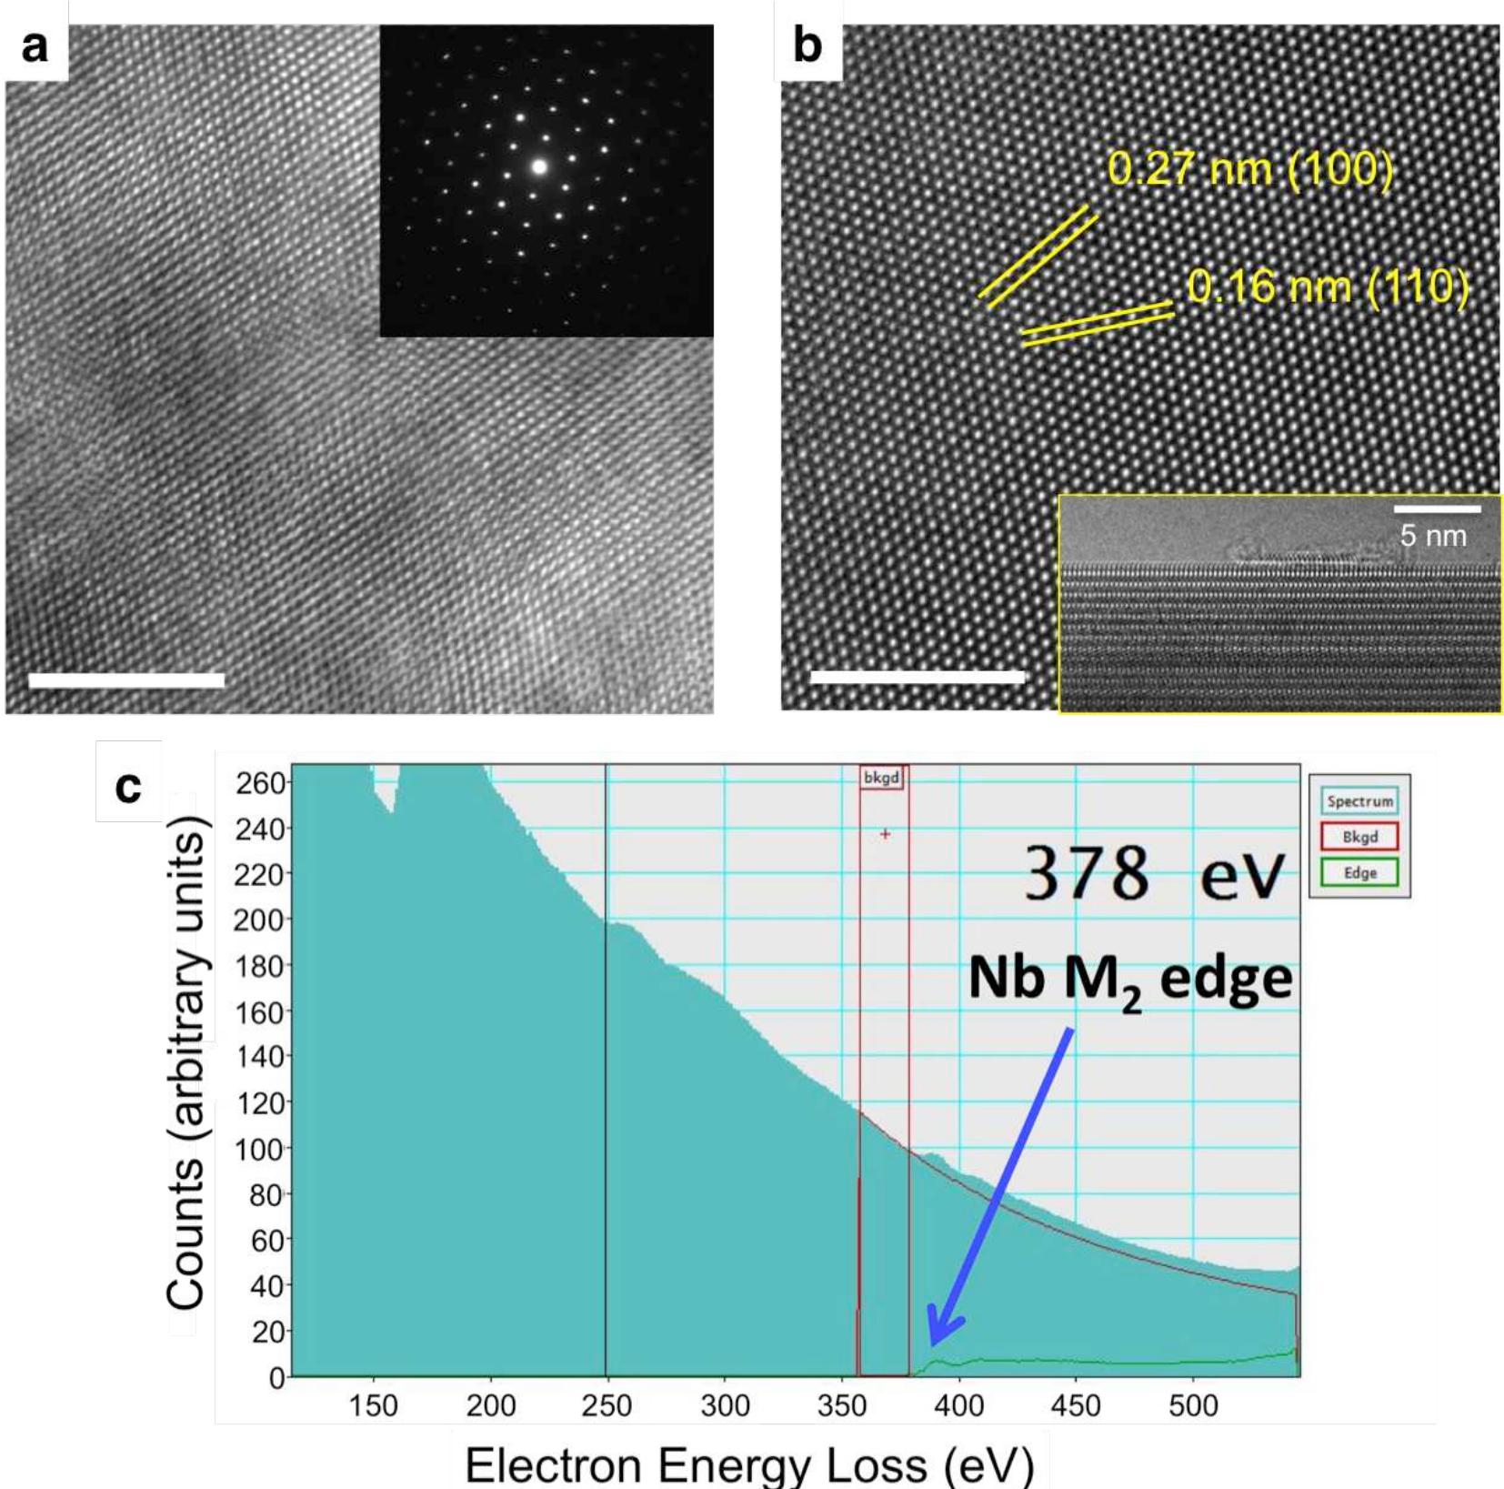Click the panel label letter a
tap(35, 46)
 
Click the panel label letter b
tap(807, 46)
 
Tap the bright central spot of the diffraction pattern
tap(539, 166)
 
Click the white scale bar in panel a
tap(126, 679)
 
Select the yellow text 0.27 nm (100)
tap(1249, 169)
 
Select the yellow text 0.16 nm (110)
tap(1328, 287)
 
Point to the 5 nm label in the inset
tap(1433, 536)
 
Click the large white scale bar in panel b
tap(917, 677)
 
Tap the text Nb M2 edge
tap(1129, 981)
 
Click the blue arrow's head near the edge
tap(937, 1337)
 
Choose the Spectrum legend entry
tap(1359, 801)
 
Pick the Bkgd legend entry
tap(1359, 837)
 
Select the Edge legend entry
tap(1359, 873)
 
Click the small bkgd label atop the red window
tap(881, 778)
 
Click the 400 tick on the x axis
tap(958, 1406)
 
